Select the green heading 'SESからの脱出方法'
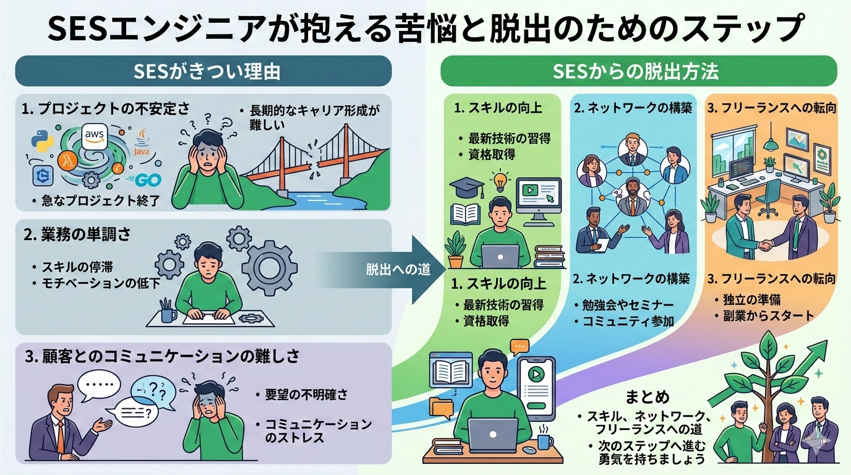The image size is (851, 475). point(636,71)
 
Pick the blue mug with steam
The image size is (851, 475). point(544,441)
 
